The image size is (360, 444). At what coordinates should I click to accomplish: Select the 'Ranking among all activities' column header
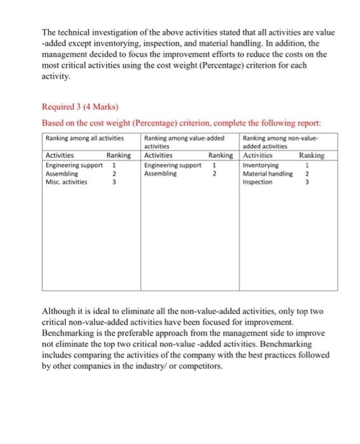click(x=84, y=138)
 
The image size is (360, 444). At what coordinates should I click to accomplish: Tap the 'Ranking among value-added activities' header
click(x=184, y=141)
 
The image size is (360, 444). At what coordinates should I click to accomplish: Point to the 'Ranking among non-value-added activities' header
click(x=282, y=141)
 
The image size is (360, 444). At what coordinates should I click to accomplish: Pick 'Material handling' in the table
click(x=268, y=173)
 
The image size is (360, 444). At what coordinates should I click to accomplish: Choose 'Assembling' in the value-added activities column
click(x=160, y=173)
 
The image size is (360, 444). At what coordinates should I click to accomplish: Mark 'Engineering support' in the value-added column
click(x=172, y=165)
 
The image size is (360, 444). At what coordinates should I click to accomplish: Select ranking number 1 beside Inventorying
click(x=307, y=165)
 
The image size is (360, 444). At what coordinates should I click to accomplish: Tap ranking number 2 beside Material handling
click(x=307, y=173)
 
